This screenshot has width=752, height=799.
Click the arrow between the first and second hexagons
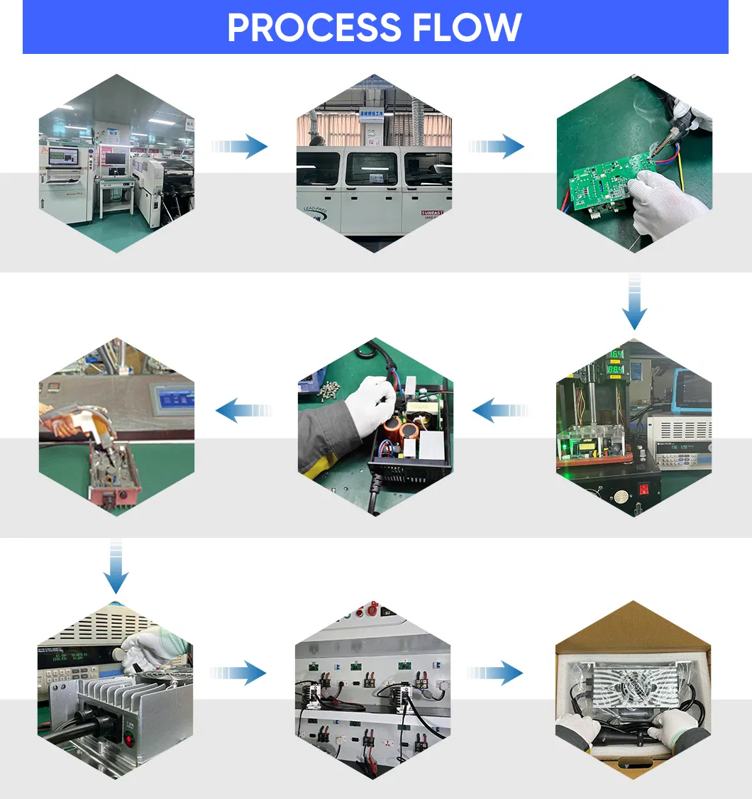[241, 147]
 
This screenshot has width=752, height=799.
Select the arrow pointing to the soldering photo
[498, 147]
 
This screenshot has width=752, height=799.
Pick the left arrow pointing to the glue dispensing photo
[243, 410]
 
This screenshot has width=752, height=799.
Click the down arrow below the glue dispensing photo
[116, 567]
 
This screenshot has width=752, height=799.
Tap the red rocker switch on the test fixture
[645, 489]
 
